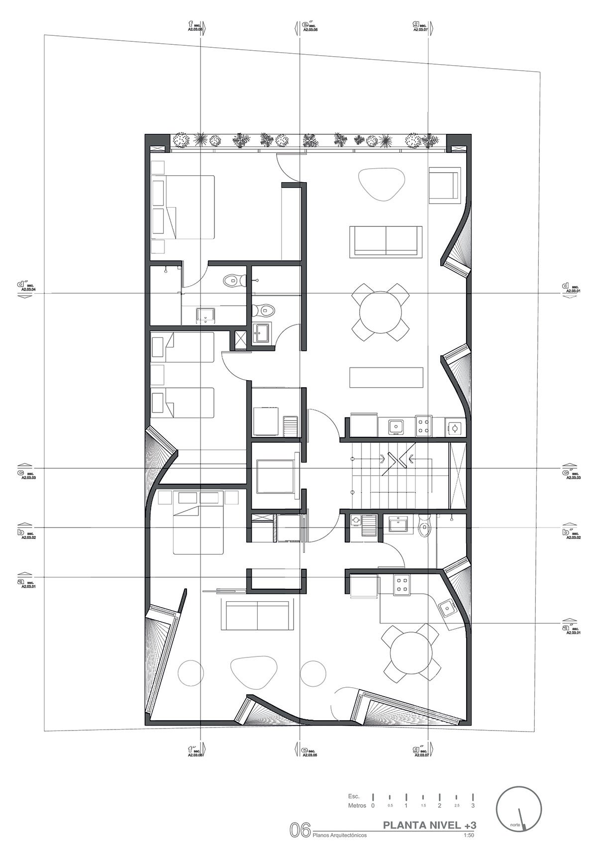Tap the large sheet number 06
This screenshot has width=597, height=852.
[300, 830]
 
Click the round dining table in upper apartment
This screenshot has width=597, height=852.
[381, 313]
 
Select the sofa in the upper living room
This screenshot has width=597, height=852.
[386, 241]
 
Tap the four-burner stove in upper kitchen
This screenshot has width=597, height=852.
[423, 426]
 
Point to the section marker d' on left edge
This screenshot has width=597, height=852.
[22, 289]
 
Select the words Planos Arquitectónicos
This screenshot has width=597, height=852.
[340, 836]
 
